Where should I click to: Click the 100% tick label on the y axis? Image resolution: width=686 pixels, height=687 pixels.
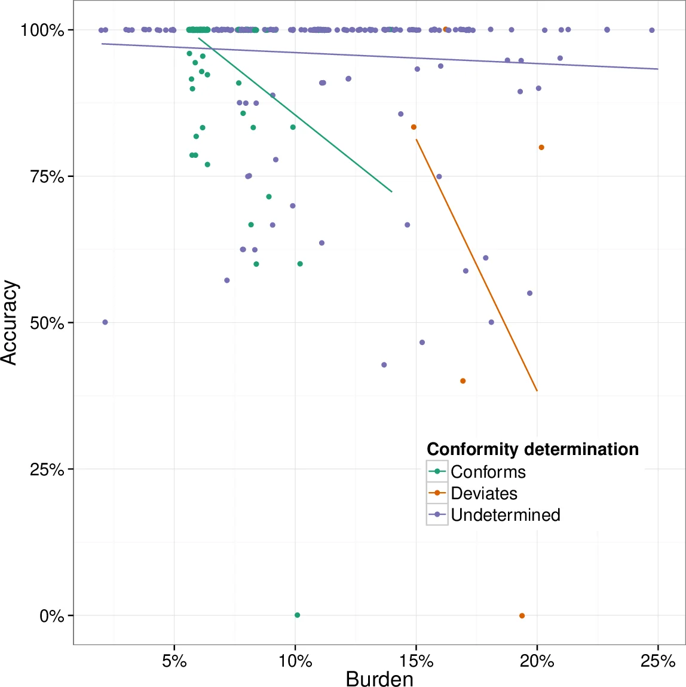[42, 30]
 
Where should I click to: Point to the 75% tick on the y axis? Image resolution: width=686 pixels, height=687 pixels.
[47, 176]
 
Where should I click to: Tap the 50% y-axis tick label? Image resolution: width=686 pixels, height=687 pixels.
[47, 323]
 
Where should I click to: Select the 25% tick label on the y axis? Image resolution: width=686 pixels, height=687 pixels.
[47, 469]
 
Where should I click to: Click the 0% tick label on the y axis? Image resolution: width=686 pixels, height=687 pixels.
[51, 616]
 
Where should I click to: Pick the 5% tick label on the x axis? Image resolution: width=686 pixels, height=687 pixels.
[174, 661]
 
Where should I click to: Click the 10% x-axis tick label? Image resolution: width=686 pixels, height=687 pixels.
[295, 661]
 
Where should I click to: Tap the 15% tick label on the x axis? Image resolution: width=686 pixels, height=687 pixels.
[416, 661]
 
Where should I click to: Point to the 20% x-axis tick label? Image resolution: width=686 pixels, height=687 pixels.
[537, 661]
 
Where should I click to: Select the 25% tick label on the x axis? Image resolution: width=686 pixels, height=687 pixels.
[658, 661]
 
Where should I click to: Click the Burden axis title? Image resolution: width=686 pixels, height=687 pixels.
[379, 679]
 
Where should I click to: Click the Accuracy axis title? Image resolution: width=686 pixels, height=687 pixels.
[10, 323]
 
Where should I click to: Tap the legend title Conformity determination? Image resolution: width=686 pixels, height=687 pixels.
[532, 449]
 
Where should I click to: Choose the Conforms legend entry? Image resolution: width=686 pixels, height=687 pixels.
[488, 472]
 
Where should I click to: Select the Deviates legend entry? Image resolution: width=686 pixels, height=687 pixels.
[483, 493]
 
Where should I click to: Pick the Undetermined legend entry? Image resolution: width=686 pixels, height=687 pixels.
[505, 515]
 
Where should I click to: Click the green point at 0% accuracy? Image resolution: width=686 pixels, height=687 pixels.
[297, 615]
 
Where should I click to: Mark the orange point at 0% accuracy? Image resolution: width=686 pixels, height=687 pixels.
[522, 616]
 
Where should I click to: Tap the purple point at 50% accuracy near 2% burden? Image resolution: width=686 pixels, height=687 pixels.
[105, 322]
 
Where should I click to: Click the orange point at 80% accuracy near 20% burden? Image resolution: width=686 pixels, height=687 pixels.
[541, 148]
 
